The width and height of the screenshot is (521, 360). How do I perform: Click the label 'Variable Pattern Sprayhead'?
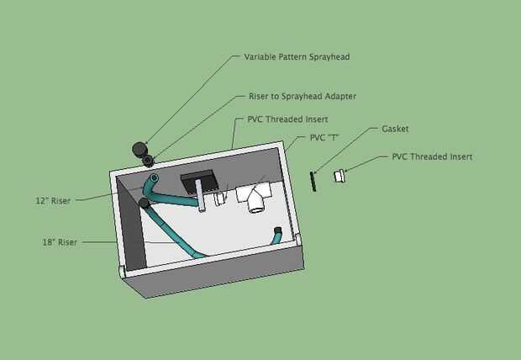tap(296, 57)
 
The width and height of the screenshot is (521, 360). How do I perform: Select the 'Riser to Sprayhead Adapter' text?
tap(303, 97)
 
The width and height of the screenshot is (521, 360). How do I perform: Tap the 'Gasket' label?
tap(395, 130)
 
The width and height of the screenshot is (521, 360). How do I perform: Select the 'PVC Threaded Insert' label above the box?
tap(287, 120)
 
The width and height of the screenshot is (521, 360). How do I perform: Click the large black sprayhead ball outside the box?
tap(139, 149)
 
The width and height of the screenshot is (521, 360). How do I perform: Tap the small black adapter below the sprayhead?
tap(148, 160)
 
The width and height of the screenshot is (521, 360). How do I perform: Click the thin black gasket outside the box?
tap(313, 181)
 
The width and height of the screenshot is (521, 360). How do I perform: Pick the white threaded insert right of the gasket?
tap(339, 176)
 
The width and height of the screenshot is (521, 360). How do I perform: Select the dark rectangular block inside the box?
tap(201, 181)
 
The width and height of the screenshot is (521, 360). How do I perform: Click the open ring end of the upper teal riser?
tap(154, 179)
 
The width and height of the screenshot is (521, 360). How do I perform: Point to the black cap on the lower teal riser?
tap(144, 203)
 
